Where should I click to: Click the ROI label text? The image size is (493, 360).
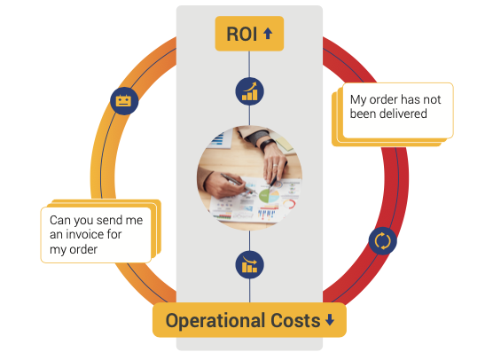242,34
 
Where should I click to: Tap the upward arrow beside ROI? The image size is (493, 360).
268,34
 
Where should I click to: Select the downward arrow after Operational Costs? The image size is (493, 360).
330,320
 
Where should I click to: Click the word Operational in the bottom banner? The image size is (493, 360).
215,321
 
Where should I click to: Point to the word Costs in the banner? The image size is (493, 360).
295,320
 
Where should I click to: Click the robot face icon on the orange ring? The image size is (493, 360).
124,101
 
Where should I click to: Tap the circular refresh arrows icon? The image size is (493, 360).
382,241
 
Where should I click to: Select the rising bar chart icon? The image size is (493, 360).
250,91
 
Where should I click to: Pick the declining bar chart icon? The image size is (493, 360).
250,265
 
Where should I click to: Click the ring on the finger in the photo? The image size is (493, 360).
275,165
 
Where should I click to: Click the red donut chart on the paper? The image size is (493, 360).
289,204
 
